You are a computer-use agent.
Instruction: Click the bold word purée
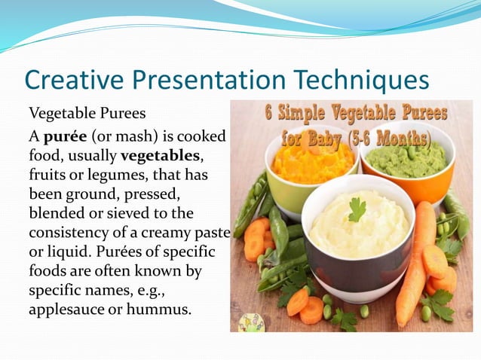pyautogui.click(x=66, y=136)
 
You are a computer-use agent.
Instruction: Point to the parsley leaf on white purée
pyautogui.click(x=357, y=208)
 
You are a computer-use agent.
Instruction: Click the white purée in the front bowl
pyautogui.click(x=354, y=233)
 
